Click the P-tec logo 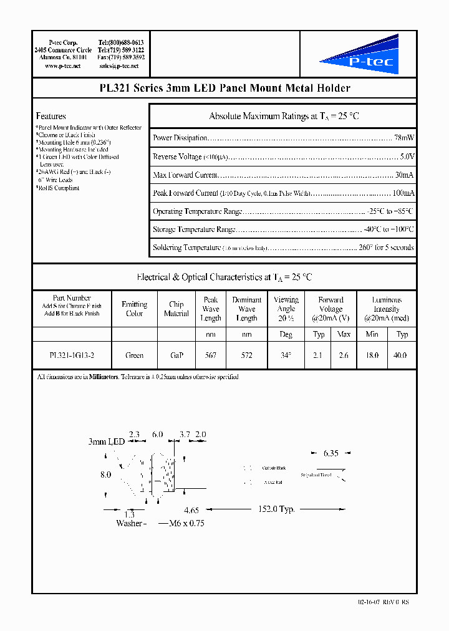coord(358,55)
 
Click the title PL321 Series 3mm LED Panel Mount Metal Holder coord(224,89)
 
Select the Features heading coord(51,116)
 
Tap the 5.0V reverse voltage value coord(407,157)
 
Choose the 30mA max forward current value coord(404,175)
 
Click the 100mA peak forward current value coord(402,193)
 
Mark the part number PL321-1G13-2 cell coord(72,355)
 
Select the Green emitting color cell coord(134,355)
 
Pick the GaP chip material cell coord(176,355)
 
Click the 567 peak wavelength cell coord(211,355)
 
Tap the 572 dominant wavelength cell coord(246,355)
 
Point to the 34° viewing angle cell coord(286,355)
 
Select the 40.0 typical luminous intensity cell coord(402,355)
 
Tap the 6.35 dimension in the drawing coord(331,453)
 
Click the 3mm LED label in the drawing coord(107,441)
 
